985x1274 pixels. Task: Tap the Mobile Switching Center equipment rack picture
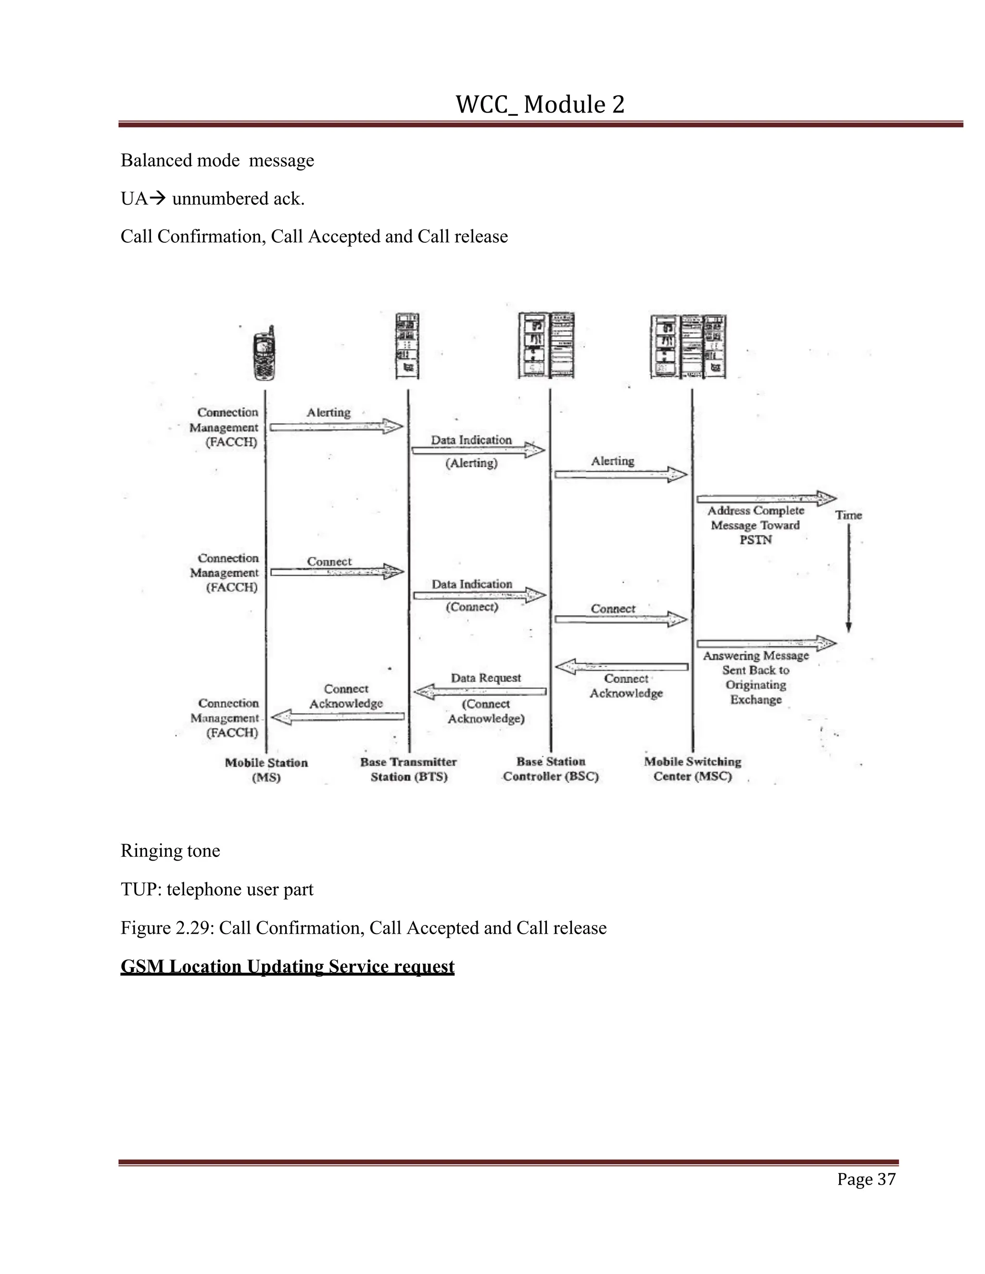[x=689, y=347]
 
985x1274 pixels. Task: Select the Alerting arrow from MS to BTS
[x=337, y=426]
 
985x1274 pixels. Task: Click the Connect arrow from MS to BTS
[x=337, y=572]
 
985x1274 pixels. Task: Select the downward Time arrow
[x=848, y=577]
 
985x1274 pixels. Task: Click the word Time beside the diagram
[x=848, y=515]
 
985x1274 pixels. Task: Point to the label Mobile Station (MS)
[x=266, y=769]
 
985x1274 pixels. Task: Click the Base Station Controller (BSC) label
[x=551, y=769]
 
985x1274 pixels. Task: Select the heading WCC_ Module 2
[x=540, y=105]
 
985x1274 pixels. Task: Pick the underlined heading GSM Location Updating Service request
[x=287, y=967]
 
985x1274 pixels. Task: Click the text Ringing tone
[x=170, y=851]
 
